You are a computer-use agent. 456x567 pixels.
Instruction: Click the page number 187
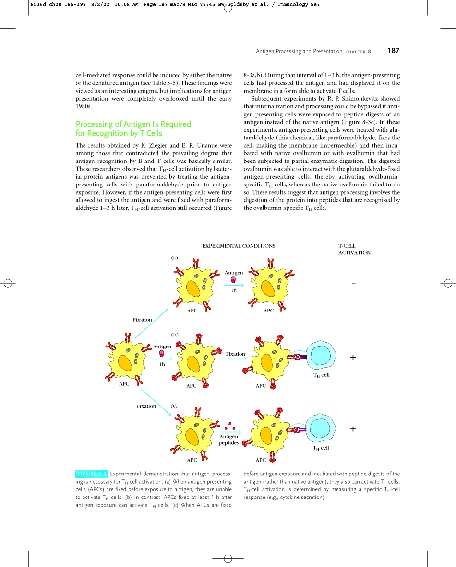click(x=394, y=51)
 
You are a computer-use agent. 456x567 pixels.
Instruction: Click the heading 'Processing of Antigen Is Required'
click(x=133, y=124)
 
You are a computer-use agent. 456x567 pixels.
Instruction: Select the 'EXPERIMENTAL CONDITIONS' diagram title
click(x=239, y=246)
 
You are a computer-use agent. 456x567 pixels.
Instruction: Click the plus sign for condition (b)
click(x=353, y=357)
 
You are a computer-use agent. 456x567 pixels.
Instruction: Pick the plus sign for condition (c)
click(x=353, y=429)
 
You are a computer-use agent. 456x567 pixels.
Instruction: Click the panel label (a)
click(x=175, y=257)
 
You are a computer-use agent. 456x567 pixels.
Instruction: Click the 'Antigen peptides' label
click(x=229, y=440)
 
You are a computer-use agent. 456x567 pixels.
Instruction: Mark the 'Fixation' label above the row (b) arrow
click(x=235, y=354)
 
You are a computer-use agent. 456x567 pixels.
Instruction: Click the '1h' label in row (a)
click(x=233, y=290)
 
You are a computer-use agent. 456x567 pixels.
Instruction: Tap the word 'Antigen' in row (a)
click(x=234, y=272)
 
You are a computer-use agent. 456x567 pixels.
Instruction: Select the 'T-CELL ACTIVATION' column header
click(x=354, y=249)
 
